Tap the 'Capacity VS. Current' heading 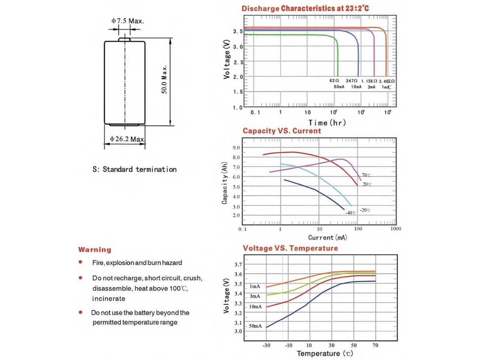point(282,131)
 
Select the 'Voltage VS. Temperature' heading point(290,248)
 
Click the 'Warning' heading point(95,250)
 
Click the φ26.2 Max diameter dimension point(127,139)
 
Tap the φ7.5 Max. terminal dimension point(127,21)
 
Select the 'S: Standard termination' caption point(134,169)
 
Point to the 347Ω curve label point(352,81)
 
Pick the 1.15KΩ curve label point(369,81)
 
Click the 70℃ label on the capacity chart point(367,175)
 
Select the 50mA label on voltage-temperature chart point(255,326)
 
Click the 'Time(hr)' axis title point(327,123)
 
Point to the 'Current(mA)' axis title point(328,238)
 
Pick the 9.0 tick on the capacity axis point(236,148)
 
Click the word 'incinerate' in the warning point(109,298)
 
